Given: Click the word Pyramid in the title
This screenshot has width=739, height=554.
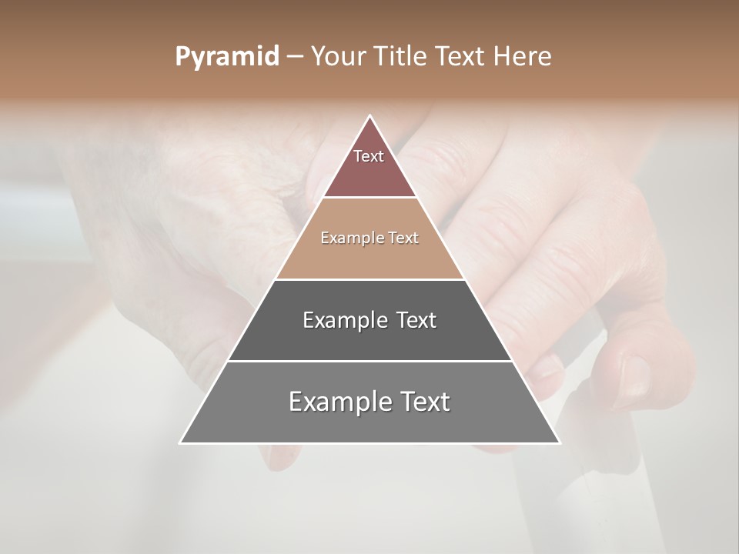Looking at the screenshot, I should click(226, 57).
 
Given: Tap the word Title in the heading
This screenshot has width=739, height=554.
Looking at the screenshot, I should click(402, 56).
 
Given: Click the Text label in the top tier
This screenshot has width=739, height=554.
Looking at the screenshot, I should click(369, 156).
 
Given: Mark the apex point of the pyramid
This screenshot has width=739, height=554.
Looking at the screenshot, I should click(369, 116).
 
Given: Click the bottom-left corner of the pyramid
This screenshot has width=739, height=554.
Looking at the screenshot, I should click(181, 442).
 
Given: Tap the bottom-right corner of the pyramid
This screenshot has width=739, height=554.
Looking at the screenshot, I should click(559, 442).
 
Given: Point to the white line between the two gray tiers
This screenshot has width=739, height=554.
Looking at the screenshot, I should click(369, 361).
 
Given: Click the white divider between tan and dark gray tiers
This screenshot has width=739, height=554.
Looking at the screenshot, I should click(369, 279).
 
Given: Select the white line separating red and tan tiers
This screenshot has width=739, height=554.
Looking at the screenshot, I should click(369, 198).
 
